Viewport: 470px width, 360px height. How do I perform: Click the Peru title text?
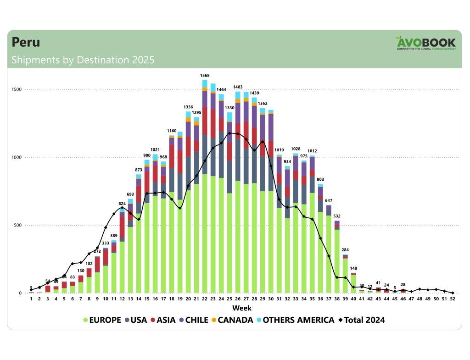point(26,42)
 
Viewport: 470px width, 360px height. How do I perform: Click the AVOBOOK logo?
point(426,44)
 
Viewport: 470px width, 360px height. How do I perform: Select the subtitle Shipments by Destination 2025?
point(83,60)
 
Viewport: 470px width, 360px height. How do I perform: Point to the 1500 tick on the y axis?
point(17,89)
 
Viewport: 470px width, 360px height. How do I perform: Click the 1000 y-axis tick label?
point(17,157)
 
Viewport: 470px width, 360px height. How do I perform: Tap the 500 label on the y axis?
point(17,225)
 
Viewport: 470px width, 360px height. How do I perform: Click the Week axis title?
point(241,308)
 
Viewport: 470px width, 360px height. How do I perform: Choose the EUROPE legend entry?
point(102,320)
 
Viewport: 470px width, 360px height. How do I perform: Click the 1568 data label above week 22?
point(204,75)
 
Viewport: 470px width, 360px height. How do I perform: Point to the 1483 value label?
point(238,87)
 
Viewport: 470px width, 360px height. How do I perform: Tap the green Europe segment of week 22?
point(204,234)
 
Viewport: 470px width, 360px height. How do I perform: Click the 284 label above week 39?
point(345,250)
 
